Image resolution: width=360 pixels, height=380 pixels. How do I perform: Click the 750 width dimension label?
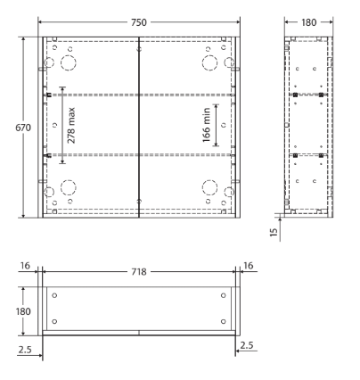tap(139, 22)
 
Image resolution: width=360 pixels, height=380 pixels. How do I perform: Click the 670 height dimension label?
tap(23, 128)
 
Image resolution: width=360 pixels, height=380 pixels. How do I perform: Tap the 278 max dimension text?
tap(71, 126)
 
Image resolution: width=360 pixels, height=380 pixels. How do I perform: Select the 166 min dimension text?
tap(207, 125)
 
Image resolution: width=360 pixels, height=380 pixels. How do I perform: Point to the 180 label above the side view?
tap(309, 22)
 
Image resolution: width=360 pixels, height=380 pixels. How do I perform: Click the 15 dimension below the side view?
tap(274, 232)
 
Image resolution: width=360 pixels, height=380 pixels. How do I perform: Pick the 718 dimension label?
tap(139, 271)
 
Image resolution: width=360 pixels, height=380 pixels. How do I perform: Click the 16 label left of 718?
tap(25, 266)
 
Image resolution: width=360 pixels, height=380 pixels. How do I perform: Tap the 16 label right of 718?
tap(248, 266)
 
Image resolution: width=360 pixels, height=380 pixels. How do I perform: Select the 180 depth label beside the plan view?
tap(23, 311)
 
